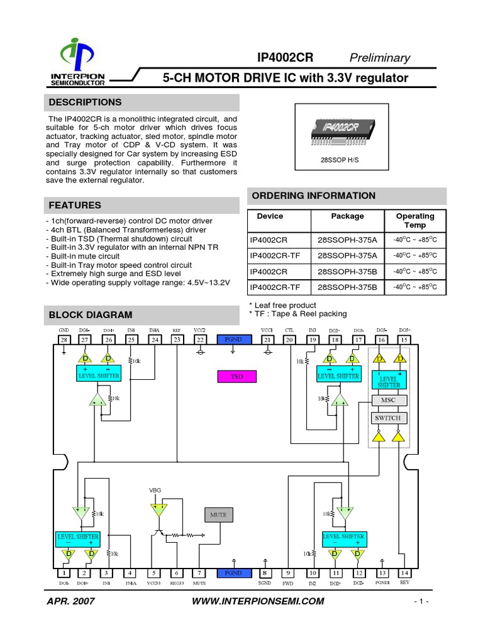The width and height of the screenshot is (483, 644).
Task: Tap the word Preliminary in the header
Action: tap(379, 58)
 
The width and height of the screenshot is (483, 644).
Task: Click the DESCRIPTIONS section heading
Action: tap(86, 103)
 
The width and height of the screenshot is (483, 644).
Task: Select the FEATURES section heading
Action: tap(75, 205)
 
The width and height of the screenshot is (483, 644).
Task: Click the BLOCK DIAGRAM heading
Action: tap(91, 314)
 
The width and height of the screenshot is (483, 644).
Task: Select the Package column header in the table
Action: tap(347, 216)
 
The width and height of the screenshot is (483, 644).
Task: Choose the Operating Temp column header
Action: tap(414, 220)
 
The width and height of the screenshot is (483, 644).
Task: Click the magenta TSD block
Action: tap(236, 377)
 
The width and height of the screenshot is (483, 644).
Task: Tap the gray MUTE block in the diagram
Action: tap(218, 514)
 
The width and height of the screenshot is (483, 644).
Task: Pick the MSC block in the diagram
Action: tap(389, 400)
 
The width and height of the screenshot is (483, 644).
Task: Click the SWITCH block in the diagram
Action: tap(388, 418)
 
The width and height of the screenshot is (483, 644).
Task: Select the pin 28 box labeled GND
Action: tap(64, 340)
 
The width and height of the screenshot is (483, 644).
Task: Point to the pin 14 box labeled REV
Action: tap(404, 573)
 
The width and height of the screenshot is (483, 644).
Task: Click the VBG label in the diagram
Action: tap(155, 490)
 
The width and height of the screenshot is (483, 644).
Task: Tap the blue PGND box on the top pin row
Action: tap(233, 340)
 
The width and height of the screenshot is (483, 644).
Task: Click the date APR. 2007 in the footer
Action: tap(71, 601)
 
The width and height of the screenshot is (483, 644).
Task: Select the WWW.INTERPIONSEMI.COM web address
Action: tap(258, 601)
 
